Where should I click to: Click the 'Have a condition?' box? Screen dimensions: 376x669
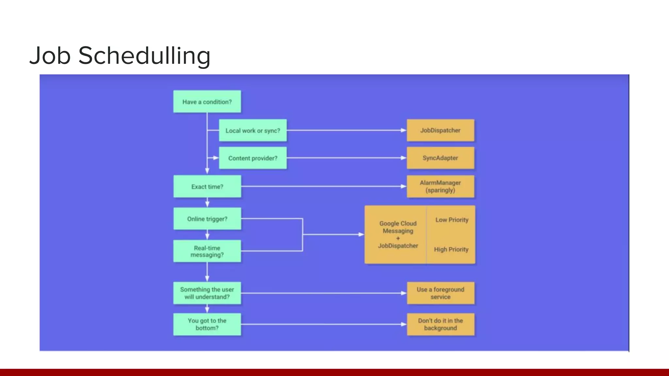[207, 102]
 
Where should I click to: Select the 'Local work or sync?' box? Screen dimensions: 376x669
[253, 131]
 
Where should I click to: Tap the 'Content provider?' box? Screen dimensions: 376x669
[253, 158]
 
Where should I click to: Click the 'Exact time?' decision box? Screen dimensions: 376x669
[207, 187]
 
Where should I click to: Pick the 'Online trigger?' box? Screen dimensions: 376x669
[207, 219]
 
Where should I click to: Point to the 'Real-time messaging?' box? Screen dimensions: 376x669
[207, 251]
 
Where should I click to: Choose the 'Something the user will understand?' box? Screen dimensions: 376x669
[207, 293]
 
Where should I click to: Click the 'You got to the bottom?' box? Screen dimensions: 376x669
[207, 324]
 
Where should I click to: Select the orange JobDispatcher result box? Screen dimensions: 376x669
[440, 130]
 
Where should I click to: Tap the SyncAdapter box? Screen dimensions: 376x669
[440, 158]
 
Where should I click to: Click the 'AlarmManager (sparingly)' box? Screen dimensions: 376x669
[440, 187]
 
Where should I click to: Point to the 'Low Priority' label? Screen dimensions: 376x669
[452, 220]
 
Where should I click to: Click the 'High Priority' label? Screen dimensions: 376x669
[451, 249]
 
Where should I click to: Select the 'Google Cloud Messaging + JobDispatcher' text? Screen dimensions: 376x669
[398, 235]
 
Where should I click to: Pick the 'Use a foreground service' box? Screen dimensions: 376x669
[440, 293]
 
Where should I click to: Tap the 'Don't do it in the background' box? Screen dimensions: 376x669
[440, 324]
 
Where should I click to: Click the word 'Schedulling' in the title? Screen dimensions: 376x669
[144, 55]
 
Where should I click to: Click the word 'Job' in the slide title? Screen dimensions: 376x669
[50, 55]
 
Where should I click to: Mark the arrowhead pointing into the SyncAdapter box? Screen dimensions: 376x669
[404, 158]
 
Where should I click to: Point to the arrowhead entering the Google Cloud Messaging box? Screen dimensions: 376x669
[361, 234]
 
